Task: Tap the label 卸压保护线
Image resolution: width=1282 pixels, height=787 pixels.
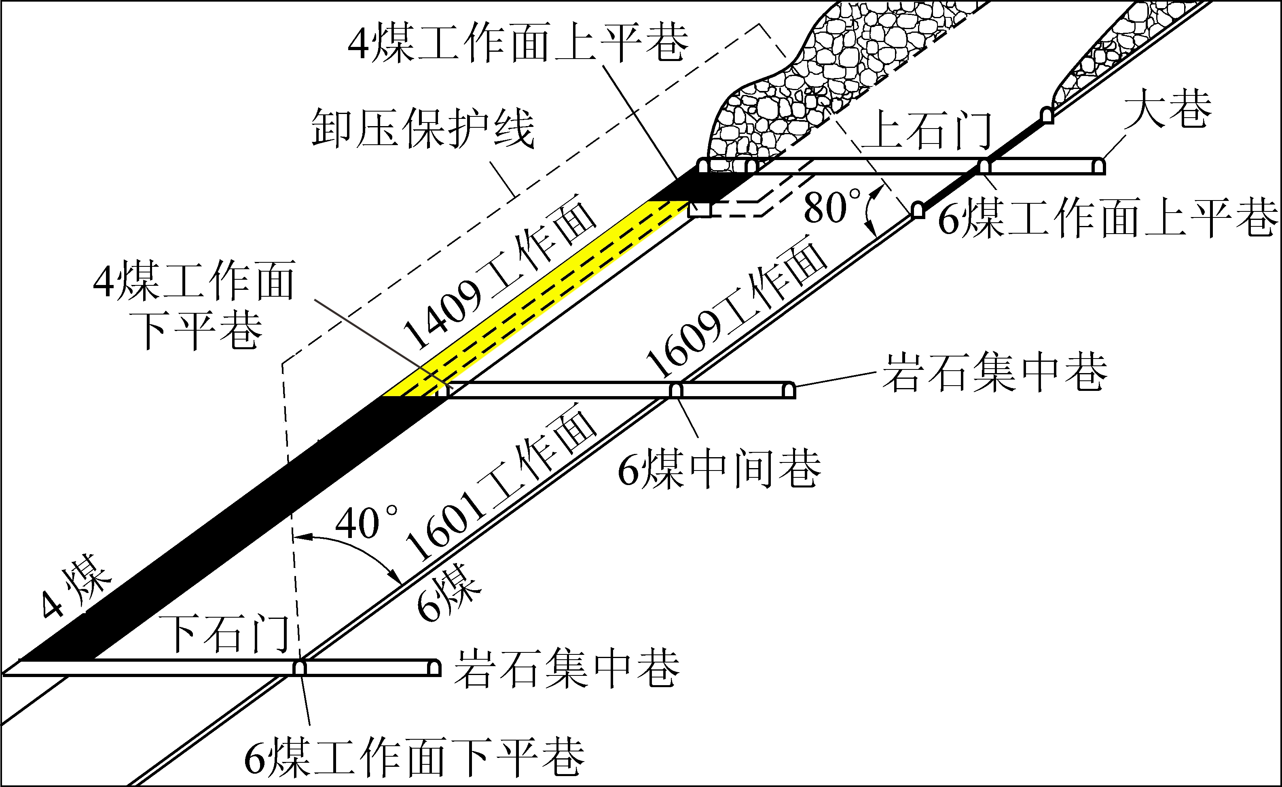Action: tap(423, 128)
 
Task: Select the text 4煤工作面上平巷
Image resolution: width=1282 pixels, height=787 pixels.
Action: tap(518, 43)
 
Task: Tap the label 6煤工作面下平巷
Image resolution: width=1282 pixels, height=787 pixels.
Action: tap(415, 758)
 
